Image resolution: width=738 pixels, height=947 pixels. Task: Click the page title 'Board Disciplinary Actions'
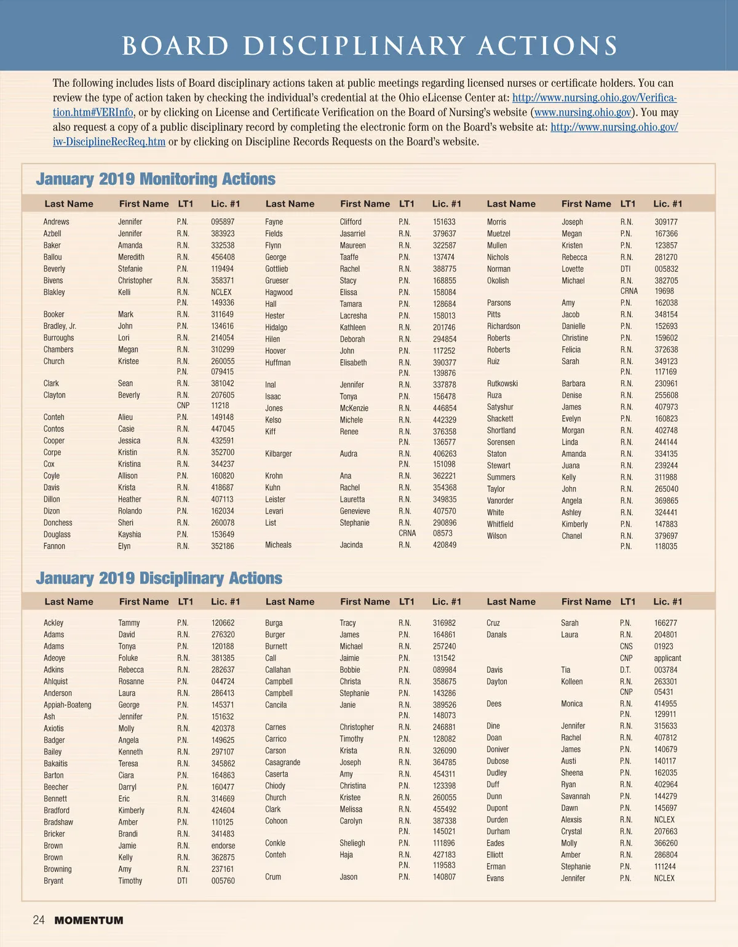click(x=370, y=46)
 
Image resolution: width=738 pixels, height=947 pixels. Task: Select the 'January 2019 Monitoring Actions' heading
click(x=156, y=179)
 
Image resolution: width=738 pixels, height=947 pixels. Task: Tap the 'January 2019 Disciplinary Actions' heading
click(x=159, y=578)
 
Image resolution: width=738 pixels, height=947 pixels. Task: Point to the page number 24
click(x=38, y=920)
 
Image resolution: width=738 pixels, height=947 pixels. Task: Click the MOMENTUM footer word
click(x=89, y=921)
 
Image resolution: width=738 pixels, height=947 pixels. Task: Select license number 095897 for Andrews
click(x=223, y=222)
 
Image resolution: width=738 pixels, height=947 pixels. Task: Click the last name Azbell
click(x=52, y=234)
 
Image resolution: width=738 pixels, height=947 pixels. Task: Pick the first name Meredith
click(x=131, y=257)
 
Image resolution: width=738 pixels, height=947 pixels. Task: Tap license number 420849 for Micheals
click(x=444, y=545)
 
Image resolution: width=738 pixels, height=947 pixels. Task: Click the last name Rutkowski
click(x=502, y=384)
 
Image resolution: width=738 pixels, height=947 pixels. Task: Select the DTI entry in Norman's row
click(x=625, y=269)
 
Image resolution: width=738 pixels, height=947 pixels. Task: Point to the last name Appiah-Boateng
click(x=68, y=705)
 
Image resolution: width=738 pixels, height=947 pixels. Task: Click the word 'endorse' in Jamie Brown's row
click(x=223, y=846)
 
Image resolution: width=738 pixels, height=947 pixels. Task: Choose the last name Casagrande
click(x=282, y=763)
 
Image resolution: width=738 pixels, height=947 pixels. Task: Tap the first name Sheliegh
click(x=352, y=843)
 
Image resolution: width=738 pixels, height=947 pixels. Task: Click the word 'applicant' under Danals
click(x=667, y=658)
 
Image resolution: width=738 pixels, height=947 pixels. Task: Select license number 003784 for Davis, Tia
click(x=665, y=670)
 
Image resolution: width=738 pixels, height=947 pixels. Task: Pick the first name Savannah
click(x=575, y=796)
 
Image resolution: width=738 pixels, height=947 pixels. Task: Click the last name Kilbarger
click(x=278, y=454)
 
